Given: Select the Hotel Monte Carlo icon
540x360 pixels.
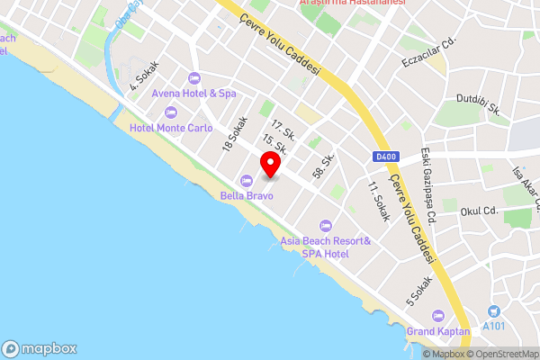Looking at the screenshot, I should point(171,112).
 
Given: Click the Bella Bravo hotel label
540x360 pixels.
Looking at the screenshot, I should point(247,193).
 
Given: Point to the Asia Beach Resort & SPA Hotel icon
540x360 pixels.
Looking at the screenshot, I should point(326,225).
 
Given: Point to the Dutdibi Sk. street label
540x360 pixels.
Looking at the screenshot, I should point(479,103).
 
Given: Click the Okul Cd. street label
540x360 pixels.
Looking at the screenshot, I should point(479,211).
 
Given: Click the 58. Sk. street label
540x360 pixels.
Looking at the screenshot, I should point(323,166).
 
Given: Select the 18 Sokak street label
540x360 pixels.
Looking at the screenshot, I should point(234,133).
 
